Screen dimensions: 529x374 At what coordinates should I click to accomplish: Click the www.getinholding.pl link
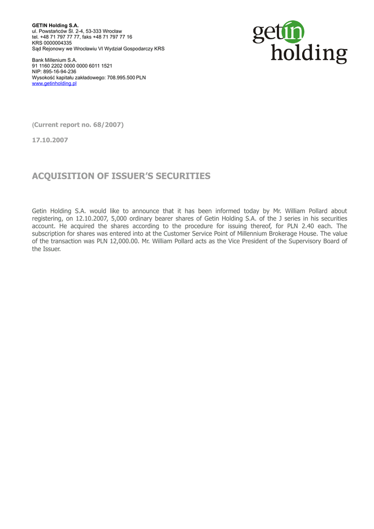coord(54,83)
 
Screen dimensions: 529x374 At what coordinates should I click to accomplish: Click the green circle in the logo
coord(293,32)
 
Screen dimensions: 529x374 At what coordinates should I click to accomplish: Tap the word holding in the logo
coord(309,53)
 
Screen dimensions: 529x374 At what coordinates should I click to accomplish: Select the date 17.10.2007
coord(50,140)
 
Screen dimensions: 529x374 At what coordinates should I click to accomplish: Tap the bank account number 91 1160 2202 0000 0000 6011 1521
coord(72,66)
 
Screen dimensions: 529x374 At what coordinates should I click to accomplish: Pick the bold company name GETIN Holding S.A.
coord(55,25)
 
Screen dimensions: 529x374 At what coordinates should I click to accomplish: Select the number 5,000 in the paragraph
coord(119,219)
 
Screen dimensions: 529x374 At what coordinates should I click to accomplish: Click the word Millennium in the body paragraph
coord(256,234)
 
